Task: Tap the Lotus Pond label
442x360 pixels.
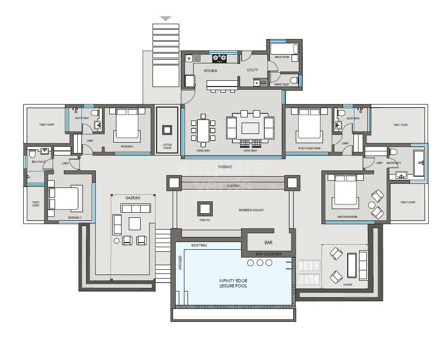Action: [x=167, y=147]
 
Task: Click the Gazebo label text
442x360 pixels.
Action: [x=133, y=198]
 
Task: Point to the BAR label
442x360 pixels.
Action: [x=268, y=242]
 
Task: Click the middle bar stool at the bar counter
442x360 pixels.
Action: [x=260, y=263]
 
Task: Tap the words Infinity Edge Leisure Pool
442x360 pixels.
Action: [x=234, y=283]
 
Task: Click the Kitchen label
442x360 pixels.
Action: [x=210, y=71]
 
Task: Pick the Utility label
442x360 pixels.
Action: [x=252, y=70]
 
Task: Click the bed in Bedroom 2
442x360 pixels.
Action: [x=63, y=199]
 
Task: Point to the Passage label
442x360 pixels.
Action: [x=225, y=167]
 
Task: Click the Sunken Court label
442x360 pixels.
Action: [x=251, y=210]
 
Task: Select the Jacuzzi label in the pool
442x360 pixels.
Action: [x=180, y=264]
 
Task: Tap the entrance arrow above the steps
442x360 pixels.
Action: [x=165, y=19]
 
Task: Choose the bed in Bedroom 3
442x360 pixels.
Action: [x=127, y=125]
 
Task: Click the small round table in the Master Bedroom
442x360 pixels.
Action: [x=371, y=204]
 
